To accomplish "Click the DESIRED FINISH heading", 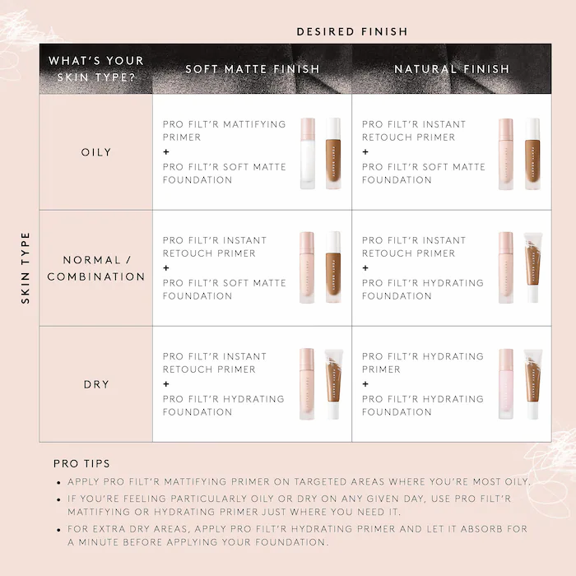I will [x=351, y=31].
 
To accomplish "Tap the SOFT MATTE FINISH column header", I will [x=252, y=69].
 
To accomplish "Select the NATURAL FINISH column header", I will [x=452, y=69].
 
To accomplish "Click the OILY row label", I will [x=96, y=152].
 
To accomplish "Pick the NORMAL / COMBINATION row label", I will [x=96, y=268].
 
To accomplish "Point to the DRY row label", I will [x=96, y=384].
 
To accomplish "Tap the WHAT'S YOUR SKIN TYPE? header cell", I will [x=96, y=69].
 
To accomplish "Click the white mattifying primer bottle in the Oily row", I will [x=308, y=154].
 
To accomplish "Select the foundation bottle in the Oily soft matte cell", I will [x=333, y=154].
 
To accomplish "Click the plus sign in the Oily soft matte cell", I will [x=166, y=152].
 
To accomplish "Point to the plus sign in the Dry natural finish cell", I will [x=365, y=384].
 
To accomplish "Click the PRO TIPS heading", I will [x=81, y=464].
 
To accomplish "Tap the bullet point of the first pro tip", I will [x=58, y=482].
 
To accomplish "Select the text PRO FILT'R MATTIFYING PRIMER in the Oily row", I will [x=224, y=131].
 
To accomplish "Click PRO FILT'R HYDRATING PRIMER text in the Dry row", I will [x=422, y=363].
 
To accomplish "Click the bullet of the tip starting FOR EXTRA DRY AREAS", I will [x=58, y=529].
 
